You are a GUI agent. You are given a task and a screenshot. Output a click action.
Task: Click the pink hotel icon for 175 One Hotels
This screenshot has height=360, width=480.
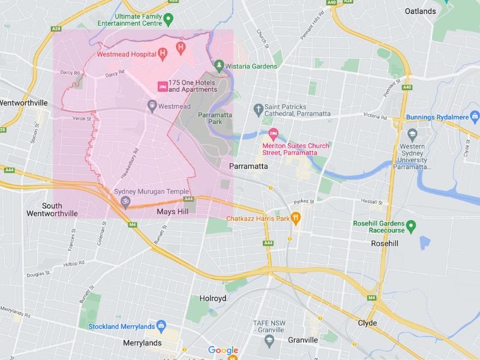click(x=162, y=86)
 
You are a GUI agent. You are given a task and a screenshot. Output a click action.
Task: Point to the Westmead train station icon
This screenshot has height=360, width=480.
click(x=152, y=106)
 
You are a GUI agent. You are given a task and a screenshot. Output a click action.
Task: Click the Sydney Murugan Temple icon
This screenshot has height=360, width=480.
click(x=125, y=200)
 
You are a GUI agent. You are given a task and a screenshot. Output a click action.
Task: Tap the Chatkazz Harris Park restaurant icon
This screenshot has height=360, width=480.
click(x=295, y=218)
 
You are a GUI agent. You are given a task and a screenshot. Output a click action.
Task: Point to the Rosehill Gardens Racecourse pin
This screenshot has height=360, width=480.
click(x=411, y=227)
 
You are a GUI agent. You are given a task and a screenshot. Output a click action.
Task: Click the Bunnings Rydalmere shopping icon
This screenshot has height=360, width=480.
click(x=475, y=116)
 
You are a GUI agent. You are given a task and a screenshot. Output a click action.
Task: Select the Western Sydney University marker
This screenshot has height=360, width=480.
click(x=412, y=134)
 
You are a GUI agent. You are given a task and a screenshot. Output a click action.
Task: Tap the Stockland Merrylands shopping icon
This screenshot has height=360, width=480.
click(x=161, y=326)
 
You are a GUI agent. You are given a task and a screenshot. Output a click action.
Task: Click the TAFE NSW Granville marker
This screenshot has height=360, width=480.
click(x=269, y=340)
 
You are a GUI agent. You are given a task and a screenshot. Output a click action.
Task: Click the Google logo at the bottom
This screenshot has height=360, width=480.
click(x=223, y=350)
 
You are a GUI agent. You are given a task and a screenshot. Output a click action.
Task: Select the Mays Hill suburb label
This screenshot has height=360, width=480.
click(x=172, y=212)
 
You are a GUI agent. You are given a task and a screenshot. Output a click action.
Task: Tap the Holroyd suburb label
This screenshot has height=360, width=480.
click(x=212, y=298)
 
